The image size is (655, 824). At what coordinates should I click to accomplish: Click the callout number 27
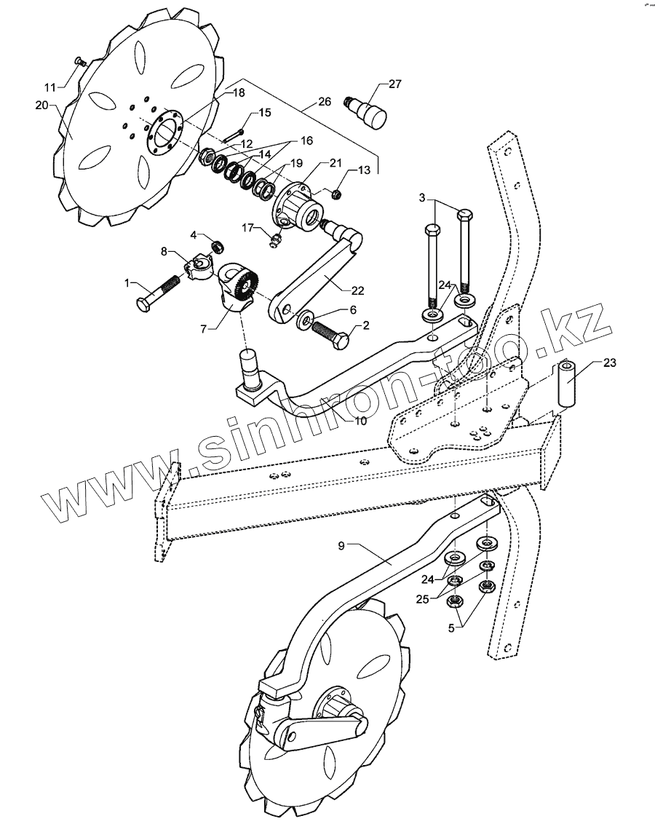click(394, 84)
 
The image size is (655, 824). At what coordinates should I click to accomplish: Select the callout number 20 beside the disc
click(41, 106)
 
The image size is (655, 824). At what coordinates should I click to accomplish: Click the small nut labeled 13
click(337, 194)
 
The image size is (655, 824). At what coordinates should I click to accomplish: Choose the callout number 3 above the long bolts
click(421, 197)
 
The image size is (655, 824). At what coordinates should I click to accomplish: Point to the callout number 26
click(323, 100)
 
